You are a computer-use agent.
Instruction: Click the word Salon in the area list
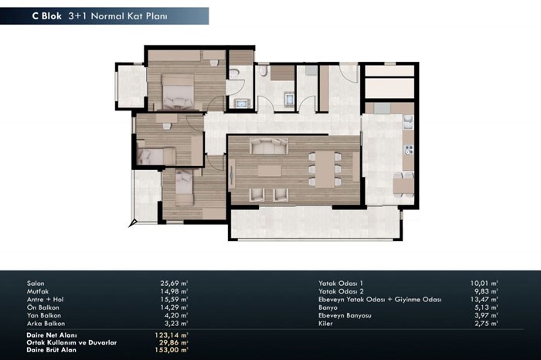pyautogui.click(x=36, y=284)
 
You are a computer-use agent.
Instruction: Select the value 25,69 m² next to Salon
pyautogui.click(x=174, y=283)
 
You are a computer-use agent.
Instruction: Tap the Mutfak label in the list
pyautogui.click(x=38, y=291)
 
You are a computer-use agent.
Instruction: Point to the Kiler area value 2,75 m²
pyautogui.click(x=486, y=324)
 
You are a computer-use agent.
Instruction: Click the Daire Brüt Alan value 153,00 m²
pyautogui.click(x=172, y=350)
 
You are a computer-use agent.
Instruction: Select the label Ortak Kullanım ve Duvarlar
pyautogui.click(x=71, y=342)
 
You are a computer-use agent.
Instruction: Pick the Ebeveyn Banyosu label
pyautogui.click(x=345, y=315)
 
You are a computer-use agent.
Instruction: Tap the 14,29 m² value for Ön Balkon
pyautogui.click(x=174, y=307)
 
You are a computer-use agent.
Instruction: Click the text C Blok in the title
pyautogui.click(x=46, y=16)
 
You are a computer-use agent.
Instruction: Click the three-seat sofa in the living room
pyautogui.click(x=269, y=146)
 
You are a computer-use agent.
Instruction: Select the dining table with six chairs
pyautogui.click(x=325, y=169)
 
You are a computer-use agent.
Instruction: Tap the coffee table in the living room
pyautogui.click(x=270, y=171)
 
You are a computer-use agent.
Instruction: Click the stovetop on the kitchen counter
pyautogui.click(x=409, y=150)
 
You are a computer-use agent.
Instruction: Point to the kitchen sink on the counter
pyautogui.click(x=409, y=122)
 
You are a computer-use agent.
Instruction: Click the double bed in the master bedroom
pyautogui.click(x=178, y=92)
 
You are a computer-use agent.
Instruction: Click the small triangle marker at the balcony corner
pyautogui.click(x=133, y=223)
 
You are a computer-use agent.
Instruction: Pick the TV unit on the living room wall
pyautogui.click(x=231, y=177)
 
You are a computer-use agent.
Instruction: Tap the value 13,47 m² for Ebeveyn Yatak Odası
pyautogui.click(x=484, y=299)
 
